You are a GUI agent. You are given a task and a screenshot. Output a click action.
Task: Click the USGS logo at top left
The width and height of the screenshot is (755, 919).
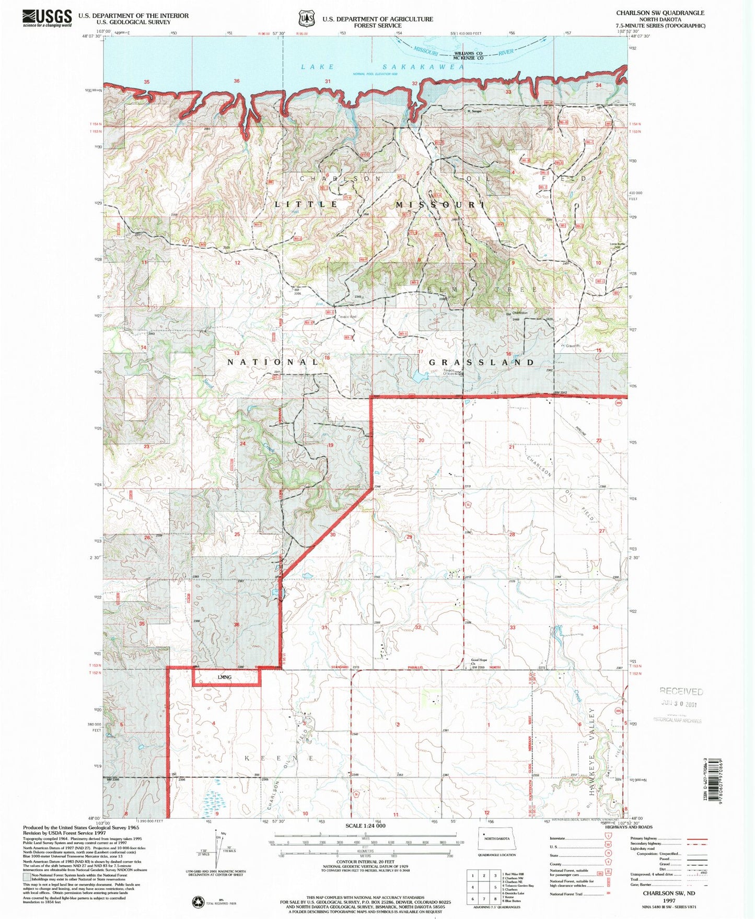point(47,18)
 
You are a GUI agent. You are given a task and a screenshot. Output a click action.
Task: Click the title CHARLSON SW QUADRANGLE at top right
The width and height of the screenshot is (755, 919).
point(660,13)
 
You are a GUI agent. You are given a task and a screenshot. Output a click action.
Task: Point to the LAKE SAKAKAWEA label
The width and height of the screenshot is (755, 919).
point(382,67)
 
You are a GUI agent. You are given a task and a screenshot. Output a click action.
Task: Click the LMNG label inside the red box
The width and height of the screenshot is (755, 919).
point(225,677)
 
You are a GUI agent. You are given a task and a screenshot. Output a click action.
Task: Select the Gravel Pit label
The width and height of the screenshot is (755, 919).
point(574,346)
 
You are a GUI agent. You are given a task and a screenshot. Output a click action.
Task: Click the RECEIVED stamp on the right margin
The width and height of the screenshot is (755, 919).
point(681,692)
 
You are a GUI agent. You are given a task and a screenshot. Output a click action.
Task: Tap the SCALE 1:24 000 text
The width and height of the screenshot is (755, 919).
point(365,825)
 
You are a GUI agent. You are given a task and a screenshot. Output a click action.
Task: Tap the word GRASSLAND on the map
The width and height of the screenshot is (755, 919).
point(482,362)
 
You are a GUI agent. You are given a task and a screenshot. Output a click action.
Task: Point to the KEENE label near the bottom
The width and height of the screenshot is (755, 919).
point(279,758)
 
